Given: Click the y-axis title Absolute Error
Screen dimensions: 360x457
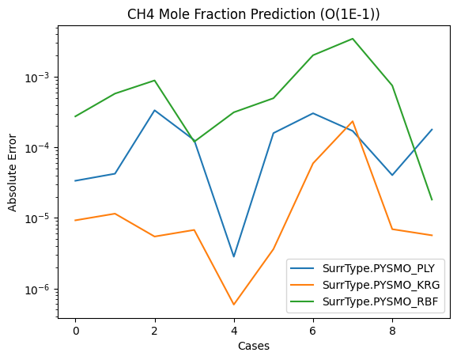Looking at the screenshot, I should [12, 172].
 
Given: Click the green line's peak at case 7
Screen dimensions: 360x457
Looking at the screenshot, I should [353, 39].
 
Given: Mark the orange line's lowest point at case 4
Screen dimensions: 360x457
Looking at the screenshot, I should [234, 305].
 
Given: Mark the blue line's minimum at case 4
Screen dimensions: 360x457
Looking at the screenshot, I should [234, 256].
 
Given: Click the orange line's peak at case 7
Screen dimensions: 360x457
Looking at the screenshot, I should [353, 122].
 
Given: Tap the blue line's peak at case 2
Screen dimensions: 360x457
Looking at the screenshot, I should [154, 111].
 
